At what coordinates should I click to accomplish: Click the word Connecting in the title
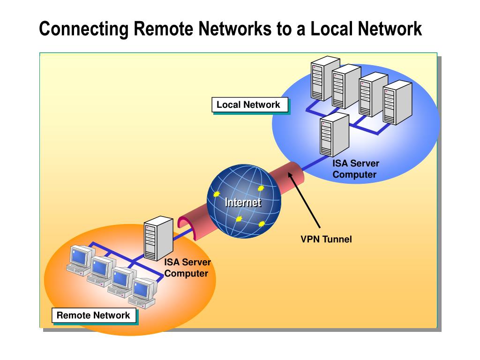pyautogui.click(x=83, y=29)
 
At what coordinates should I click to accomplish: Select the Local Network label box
pyautogui.click(x=248, y=105)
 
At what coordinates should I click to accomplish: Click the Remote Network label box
pyautogui.click(x=93, y=315)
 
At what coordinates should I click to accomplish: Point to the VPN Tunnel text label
pyautogui.click(x=326, y=240)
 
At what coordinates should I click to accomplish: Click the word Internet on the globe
pyautogui.click(x=243, y=202)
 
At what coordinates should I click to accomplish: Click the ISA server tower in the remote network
pyautogui.click(x=157, y=238)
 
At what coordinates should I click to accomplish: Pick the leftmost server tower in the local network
pyautogui.click(x=324, y=77)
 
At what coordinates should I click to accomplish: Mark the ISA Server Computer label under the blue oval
pyautogui.click(x=355, y=169)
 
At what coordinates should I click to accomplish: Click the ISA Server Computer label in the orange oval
pyautogui.click(x=187, y=268)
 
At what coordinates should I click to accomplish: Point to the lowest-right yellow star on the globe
pyautogui.click(x=262, y=224)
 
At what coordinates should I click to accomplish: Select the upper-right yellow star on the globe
pyautogui.click(x=260, y=188)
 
